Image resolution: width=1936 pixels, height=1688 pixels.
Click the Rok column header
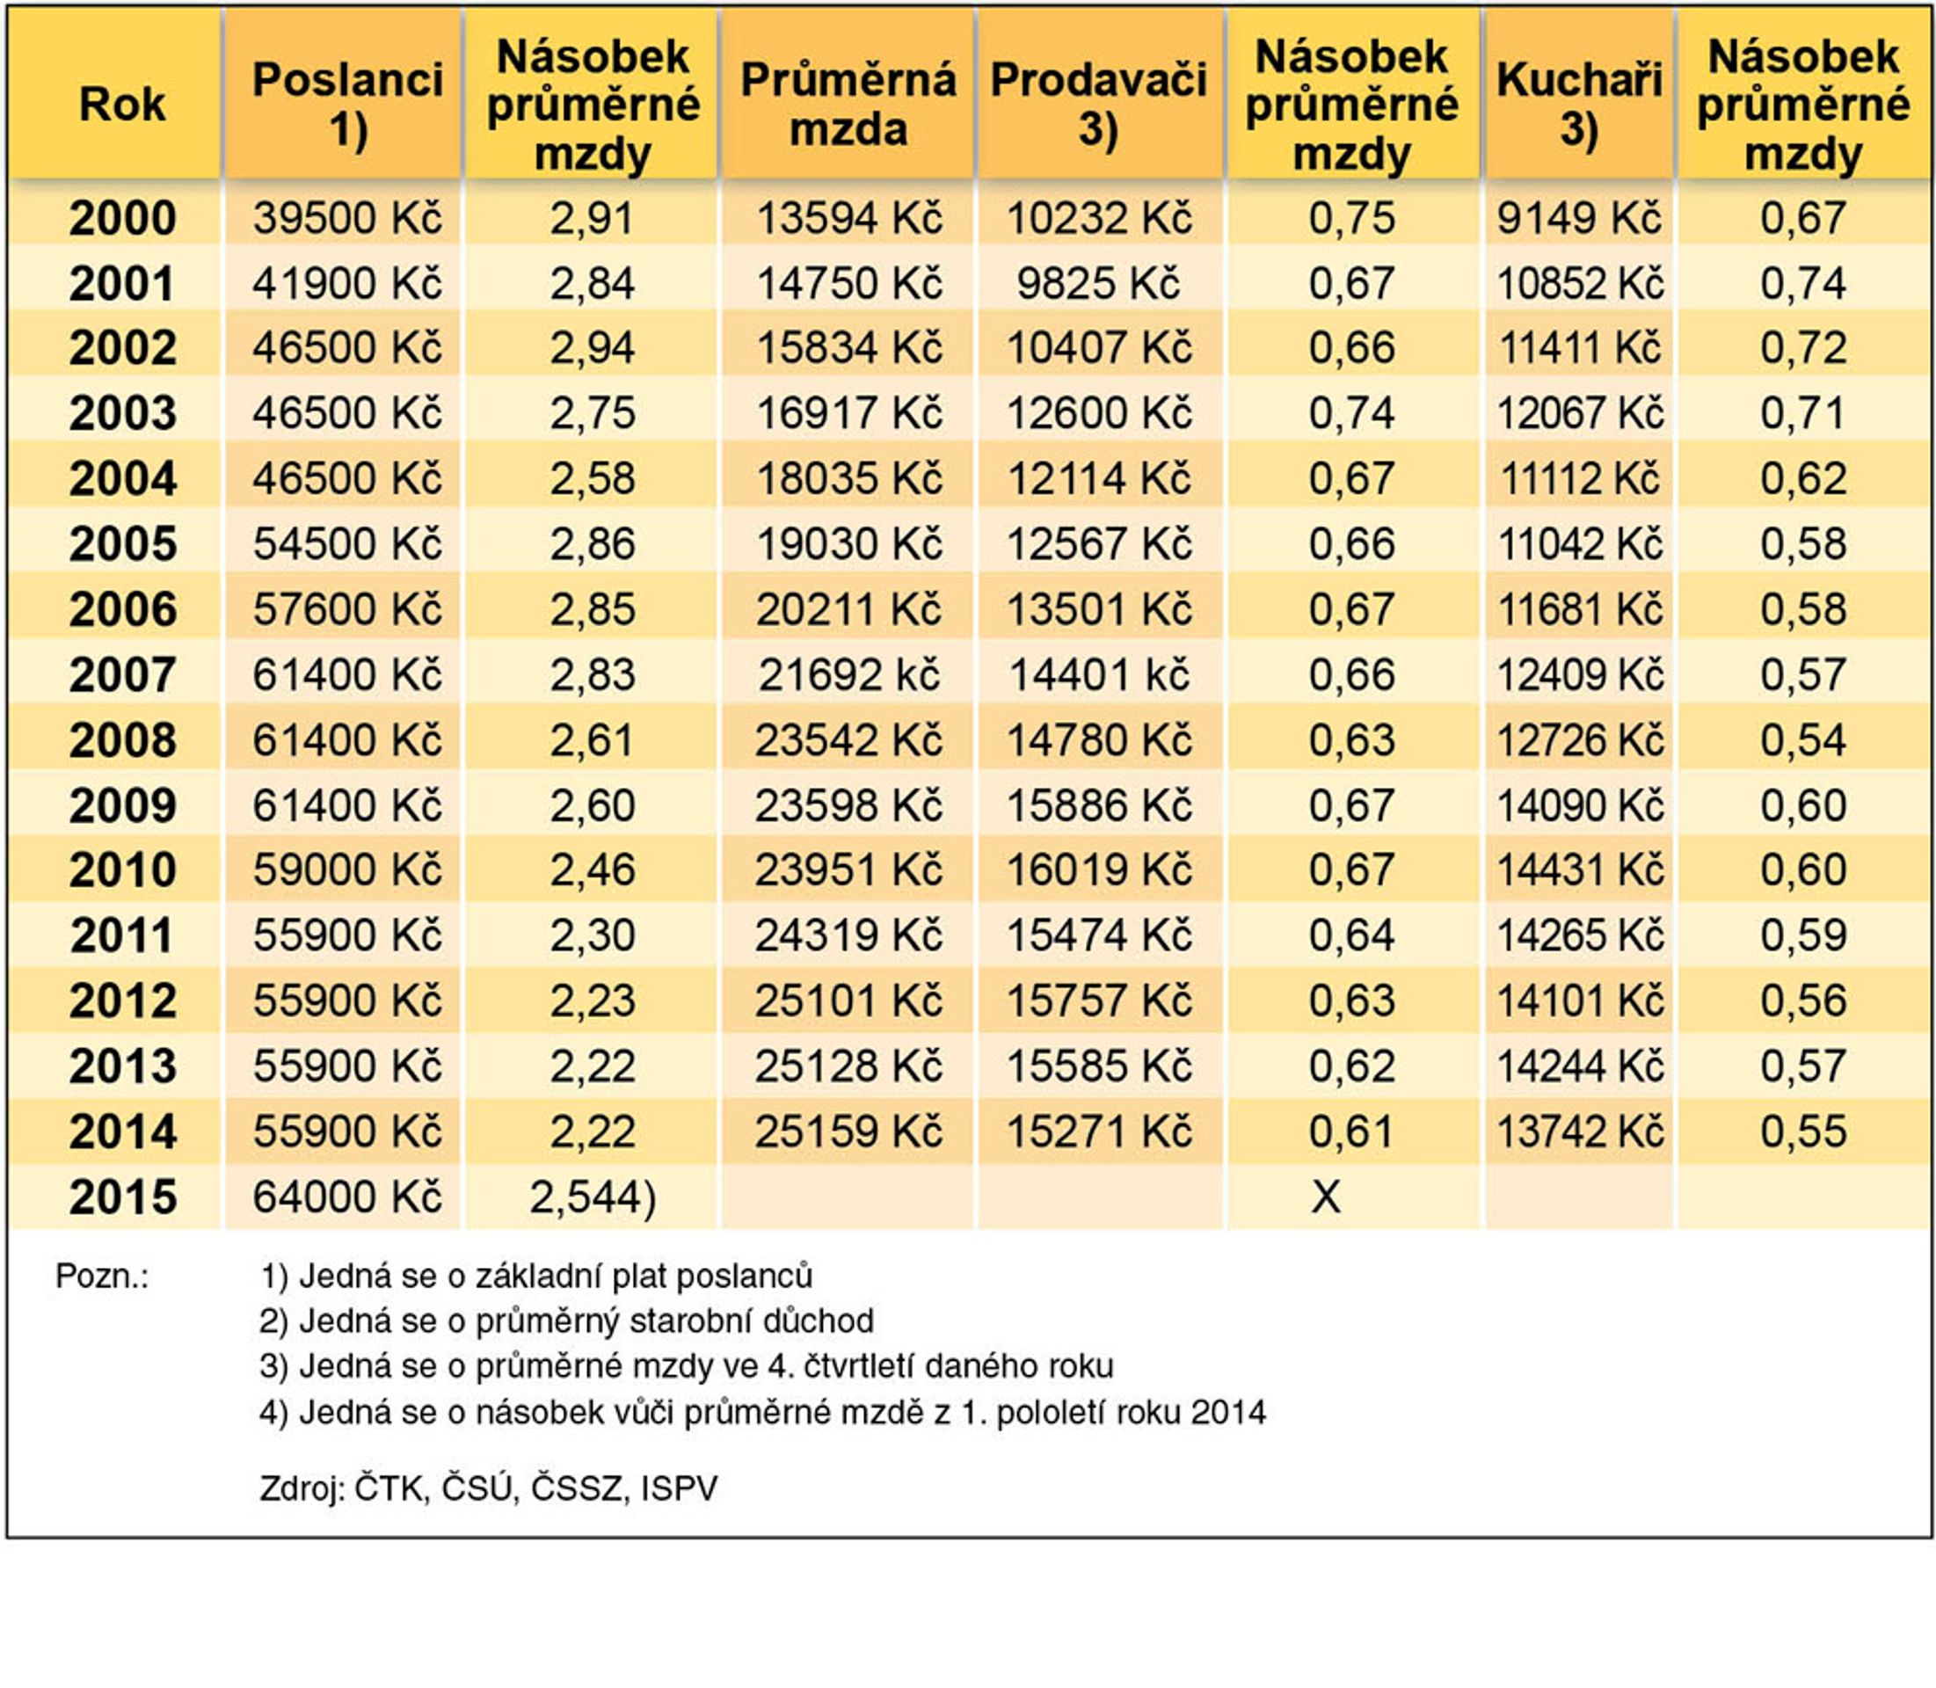[x=122, y=104]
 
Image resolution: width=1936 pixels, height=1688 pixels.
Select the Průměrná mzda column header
[x=848, y=104]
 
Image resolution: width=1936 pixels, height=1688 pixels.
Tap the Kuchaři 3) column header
[x=1580, y=104]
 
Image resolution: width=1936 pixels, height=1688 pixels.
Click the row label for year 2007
[x=122, y=674]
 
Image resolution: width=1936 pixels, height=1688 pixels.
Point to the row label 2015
[x=122, y=1197]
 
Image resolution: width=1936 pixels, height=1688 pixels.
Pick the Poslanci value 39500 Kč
[x=346, y=219]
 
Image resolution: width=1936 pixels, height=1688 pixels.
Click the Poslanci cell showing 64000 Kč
[x=346, y=1197]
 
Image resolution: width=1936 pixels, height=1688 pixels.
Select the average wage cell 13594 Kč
[x=848, y=219]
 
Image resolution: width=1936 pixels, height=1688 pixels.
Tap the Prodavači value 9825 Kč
[x=1098, y=283]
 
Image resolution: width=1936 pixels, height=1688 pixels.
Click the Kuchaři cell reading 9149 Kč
[x=1580, y=219]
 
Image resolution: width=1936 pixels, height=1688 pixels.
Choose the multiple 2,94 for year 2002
[x=593, y=347]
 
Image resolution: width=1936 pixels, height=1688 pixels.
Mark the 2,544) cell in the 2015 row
[x=593, y=1197]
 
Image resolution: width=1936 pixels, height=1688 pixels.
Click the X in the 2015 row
[x=1326, y=1197]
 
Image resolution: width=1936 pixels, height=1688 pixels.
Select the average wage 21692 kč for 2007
[x=848, y=674]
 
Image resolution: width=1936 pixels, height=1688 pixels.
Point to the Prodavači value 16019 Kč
[x=1098, y=869]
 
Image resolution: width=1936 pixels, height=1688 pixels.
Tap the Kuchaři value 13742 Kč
[x=1580, y=1131]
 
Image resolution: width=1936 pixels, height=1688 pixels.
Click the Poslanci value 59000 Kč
[x=346, y=869]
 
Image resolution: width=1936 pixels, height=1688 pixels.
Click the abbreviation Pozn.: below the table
[x=102, y=1277]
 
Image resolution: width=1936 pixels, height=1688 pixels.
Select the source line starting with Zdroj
[x=489, y=1488]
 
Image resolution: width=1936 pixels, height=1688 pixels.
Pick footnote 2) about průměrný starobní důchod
[x=567, y=1321]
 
